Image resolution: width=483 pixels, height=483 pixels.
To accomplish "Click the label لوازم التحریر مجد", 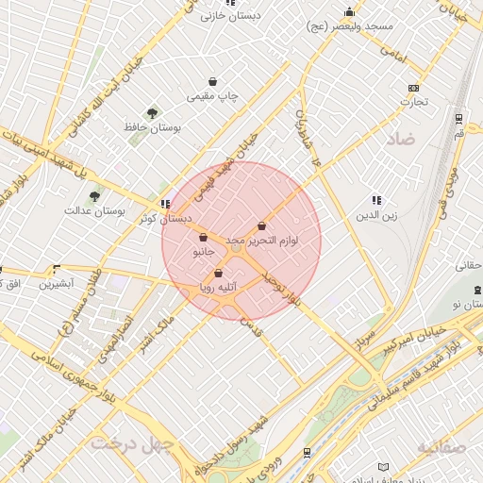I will [x=261, y=241].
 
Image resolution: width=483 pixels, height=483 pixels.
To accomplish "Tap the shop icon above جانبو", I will [x=204, y=238].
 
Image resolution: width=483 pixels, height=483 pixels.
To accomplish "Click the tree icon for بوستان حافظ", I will [x=153, y=112].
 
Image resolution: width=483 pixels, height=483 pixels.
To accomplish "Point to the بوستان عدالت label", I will [x=94, y=210].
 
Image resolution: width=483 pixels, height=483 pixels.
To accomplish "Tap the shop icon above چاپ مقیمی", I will [x=213, y=82].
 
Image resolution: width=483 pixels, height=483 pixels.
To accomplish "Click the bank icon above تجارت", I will [x=412, y=87].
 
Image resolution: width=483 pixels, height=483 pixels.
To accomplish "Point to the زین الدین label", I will [x=376, y=215].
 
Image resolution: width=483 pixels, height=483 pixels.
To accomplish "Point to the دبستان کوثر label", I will [x=165, y=218].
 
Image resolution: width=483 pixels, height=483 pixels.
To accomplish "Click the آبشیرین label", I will [x=58, y=283].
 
